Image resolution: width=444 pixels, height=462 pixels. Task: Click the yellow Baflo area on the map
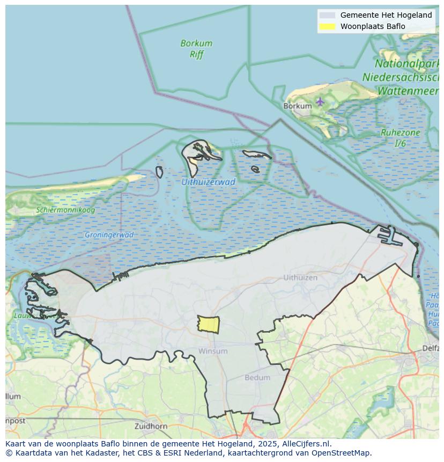click(x=209, y=324)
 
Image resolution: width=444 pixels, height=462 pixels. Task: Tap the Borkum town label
click(x=297, y=106)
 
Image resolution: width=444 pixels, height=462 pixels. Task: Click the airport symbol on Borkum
click(x=320, y=101)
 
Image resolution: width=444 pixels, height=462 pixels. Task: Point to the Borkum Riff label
click(x=196, y=48)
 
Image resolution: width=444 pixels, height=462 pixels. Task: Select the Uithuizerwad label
click(x=208, y=182)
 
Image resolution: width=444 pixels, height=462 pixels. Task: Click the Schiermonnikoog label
click(x=65, y=210)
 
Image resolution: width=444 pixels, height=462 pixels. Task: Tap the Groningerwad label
click(x=109, y=235)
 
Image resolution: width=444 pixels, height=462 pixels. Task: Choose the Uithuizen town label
click(x=300, y=277)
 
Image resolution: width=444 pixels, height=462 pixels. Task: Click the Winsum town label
click(x=213, y=351)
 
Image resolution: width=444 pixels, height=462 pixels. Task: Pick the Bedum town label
click(x=257, y=377)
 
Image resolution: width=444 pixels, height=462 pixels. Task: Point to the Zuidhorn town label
click(x=152, y=427)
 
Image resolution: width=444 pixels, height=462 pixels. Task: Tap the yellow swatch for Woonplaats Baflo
click(x=327, y=26)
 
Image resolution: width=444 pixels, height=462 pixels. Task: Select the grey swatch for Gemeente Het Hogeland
click(x=327, y=15)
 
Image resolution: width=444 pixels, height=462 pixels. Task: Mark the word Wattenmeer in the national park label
click(x=408, y=91)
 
